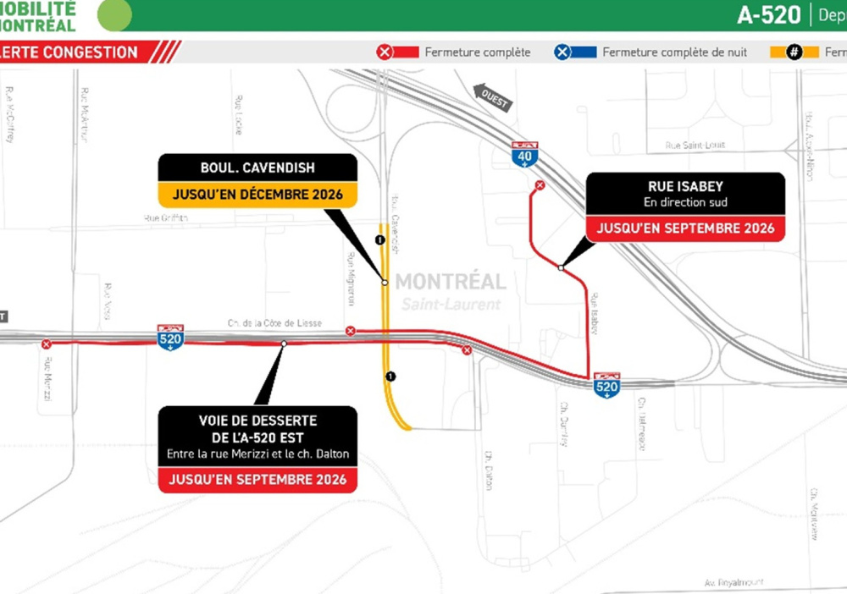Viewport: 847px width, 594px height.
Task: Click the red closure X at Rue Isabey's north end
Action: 540,185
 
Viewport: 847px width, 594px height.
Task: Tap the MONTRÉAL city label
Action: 451,282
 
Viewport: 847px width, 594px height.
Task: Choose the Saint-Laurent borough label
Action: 451,304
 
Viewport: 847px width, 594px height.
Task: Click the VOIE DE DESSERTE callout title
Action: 257,427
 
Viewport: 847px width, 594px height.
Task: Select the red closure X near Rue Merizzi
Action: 47,344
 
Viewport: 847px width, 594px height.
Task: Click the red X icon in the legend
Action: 384,52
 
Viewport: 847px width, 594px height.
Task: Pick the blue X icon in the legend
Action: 562,52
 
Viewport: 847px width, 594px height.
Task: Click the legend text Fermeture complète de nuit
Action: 674,52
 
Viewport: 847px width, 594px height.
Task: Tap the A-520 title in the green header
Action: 768,15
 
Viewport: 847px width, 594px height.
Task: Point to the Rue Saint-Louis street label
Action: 695,146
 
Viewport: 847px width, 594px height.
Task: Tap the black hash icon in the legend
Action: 794,52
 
